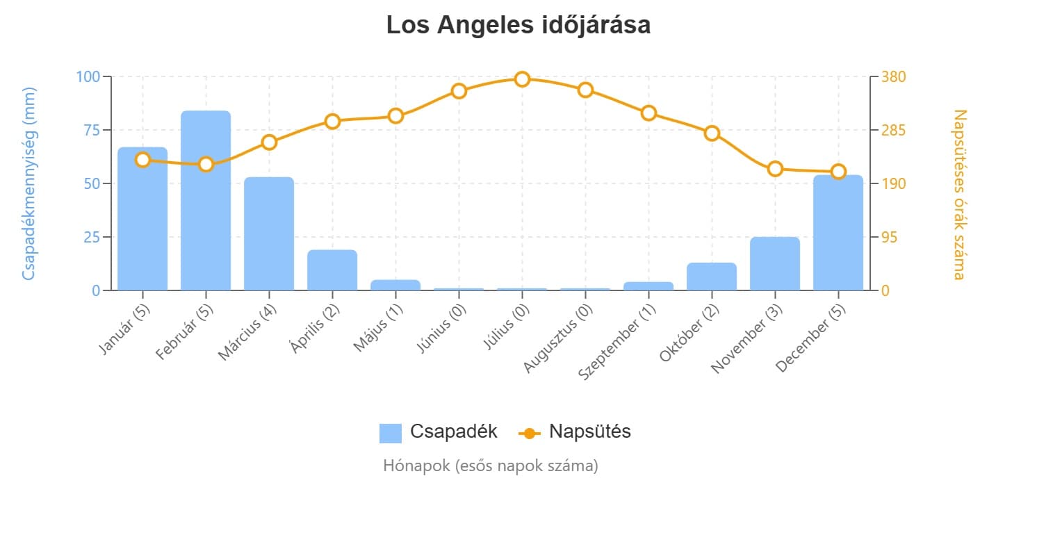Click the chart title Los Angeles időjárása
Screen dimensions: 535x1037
(x=518, y=26)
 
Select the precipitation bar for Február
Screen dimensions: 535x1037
(x=206, y=201)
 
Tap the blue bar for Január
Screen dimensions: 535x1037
(x=142, y=219)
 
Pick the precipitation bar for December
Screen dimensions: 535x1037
(x=838, y=233)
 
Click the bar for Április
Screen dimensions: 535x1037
(x=332, y=270)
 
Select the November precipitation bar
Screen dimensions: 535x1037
(x=775, y=263)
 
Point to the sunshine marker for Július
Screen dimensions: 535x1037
(x=522, y=79)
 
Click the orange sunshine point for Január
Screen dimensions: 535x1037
(x=142, y=160)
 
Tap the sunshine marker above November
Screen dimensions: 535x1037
(x=775, y=169)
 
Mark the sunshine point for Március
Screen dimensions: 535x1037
(x=269, y=142)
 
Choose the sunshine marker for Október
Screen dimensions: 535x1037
(x=712, y=133)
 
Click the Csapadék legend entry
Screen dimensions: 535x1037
(x=439, y=432)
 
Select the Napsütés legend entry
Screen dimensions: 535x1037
(x=575, y=432)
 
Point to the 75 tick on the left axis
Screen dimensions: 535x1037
(x=91, y=130)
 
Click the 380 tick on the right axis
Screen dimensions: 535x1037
(x=893, y=76)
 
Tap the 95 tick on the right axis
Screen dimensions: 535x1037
(x=890, y=237)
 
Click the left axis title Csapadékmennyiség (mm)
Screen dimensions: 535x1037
(x=28, y=183)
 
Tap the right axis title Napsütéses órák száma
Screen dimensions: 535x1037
(x=959, y=194)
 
